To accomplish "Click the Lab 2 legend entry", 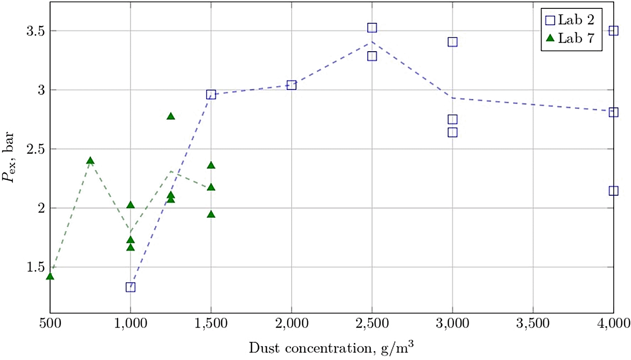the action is coord(570,20).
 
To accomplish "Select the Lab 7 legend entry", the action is coord(570,38).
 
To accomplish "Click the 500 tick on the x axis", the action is coord(50,324).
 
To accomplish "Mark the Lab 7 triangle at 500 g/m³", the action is coord(50,276).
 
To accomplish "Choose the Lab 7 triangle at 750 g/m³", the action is coord(90,161).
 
